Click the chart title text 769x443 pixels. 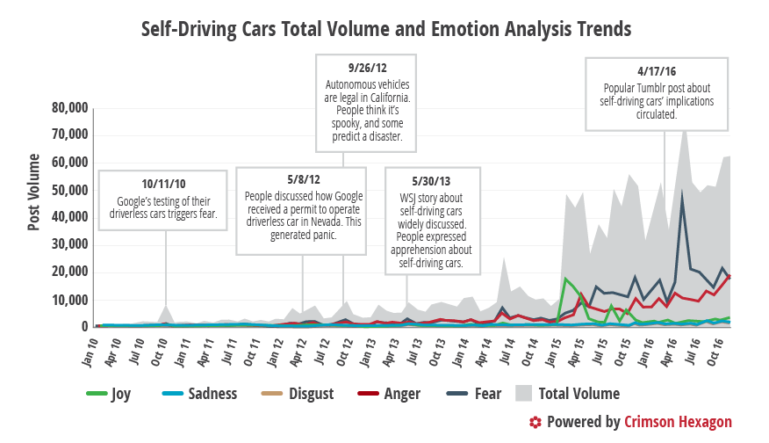[386, 29]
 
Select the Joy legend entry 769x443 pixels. [111, 394]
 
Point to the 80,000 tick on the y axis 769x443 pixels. [69, 108]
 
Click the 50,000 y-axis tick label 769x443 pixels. [69, 191]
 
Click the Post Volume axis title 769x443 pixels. [34, 192]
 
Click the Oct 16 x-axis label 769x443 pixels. [717, 349]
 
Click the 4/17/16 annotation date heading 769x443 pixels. [658, 71]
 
